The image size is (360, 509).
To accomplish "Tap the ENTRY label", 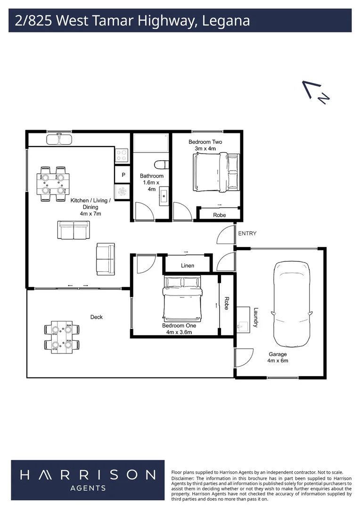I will (x=247, y=233).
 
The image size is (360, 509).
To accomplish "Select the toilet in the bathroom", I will (x=161, y=165).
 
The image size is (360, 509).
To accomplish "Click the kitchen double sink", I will (x=59, y=140).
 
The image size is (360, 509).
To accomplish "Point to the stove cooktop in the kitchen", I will (x=122, y=155).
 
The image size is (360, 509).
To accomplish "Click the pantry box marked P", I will (x=123, y=175).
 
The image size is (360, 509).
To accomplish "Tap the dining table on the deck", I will (x=61, y=337).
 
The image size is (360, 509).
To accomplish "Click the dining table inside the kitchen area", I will (x=52, y=184).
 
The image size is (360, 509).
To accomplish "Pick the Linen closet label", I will (x=188, y=266).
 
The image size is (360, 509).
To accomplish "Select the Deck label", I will (x=96, y=317).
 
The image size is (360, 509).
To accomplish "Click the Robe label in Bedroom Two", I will (x=220, y=215).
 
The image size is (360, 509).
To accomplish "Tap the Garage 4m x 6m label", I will (x=278, y=357).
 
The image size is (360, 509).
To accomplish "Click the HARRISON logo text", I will (x=88, y=475).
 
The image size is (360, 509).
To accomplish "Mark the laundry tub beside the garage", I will (x=243, y=321).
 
